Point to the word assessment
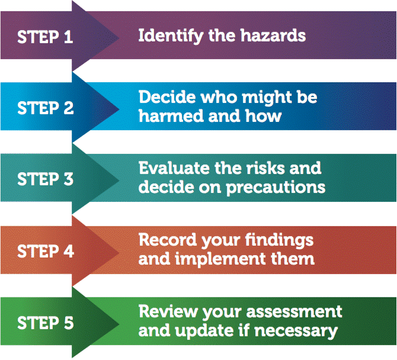(297, 312)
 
